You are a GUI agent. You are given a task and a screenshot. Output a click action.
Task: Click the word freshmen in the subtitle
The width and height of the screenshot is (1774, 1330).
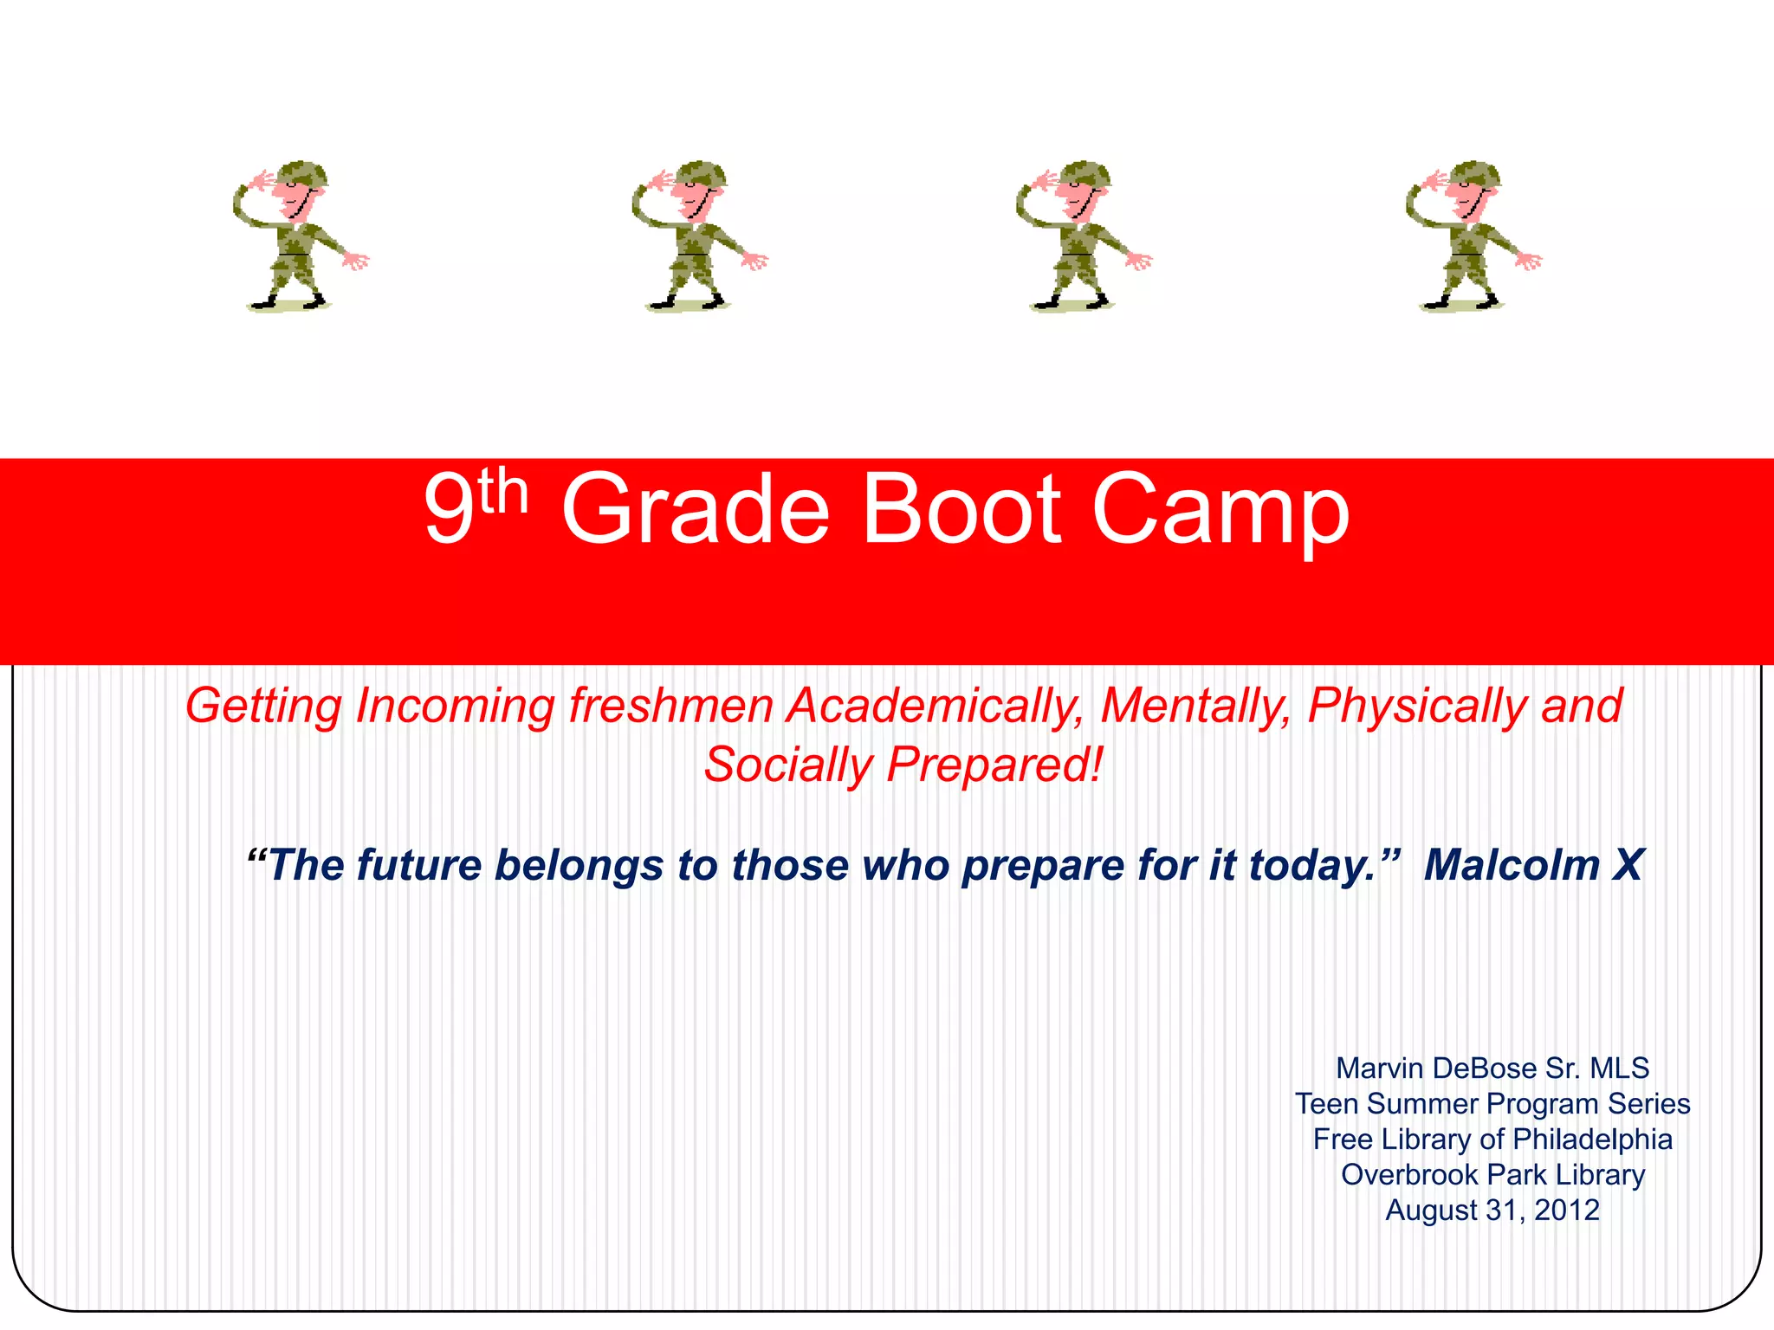(x=670, y=706)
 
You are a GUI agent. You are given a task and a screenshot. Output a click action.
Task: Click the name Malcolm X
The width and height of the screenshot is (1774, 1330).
(x=1532, y=865)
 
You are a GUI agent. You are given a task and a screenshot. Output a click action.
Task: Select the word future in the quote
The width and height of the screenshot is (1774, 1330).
(x=420, y=865)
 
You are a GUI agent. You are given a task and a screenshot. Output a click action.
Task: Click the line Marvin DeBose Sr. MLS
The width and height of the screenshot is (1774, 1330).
(x=1492, y=1069)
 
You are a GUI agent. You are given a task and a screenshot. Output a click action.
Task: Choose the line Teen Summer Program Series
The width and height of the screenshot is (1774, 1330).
(x=1492, y=1104)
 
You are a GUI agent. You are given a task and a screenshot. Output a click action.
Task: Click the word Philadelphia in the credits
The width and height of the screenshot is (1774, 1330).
(x=1592, y=1140)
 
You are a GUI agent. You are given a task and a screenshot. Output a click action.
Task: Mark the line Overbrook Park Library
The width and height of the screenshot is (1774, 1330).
(x=1492, y=1175)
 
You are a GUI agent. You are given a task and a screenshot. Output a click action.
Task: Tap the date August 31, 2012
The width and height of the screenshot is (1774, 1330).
(x=1492, y=1211)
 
